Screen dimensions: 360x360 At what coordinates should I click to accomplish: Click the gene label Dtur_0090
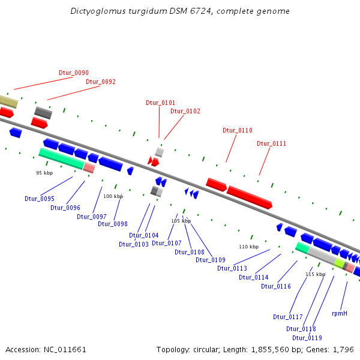click(74, 73)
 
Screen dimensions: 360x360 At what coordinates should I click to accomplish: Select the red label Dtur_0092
click(101, 82)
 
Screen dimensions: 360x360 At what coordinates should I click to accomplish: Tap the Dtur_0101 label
click(161, 103)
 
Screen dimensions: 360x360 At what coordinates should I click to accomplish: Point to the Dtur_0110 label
click(238, 130)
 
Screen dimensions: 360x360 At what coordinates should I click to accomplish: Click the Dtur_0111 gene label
click(272, 143)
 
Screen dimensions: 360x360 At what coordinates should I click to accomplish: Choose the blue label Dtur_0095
click(40, 199)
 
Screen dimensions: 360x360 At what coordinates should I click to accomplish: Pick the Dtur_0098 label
click(113, 224)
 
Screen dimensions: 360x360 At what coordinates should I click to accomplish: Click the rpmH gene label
click(340, 313)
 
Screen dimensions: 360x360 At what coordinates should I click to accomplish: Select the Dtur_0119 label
click(307, 337)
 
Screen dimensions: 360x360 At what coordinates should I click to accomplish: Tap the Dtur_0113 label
click(232, 268)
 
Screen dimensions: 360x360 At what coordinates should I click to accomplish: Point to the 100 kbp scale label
click(113, 196)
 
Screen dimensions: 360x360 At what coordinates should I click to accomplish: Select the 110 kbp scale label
click(248, 247)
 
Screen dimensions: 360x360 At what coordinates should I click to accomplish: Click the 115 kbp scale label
click(315, 274)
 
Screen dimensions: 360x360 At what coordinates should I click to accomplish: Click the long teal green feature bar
click(61, 157)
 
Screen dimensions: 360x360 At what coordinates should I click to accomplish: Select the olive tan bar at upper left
click(8, 101)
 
